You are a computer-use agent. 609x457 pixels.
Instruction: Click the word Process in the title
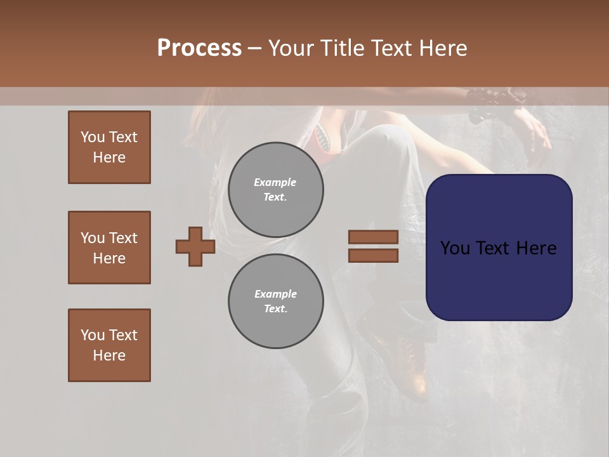point(199,48)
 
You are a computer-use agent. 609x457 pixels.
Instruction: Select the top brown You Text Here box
point(109,147)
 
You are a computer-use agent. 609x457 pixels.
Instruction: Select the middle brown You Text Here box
point(109,248)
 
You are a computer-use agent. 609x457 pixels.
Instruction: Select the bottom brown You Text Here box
point(109,345)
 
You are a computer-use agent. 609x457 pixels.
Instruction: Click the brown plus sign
point(195,246)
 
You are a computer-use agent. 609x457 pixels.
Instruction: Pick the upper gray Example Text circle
point(276,190)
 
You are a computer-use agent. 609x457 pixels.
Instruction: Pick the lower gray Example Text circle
point(276,301)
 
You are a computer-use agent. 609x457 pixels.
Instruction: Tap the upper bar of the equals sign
point(373,237)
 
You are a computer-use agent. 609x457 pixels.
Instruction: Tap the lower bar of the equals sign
point(373,255)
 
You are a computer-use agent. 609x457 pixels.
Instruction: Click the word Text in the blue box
point(497,248)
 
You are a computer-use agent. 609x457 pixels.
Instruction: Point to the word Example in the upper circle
point(275,182)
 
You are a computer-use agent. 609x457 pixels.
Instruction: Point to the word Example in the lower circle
point(275,294)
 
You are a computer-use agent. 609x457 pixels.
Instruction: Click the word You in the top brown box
point(92,137)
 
